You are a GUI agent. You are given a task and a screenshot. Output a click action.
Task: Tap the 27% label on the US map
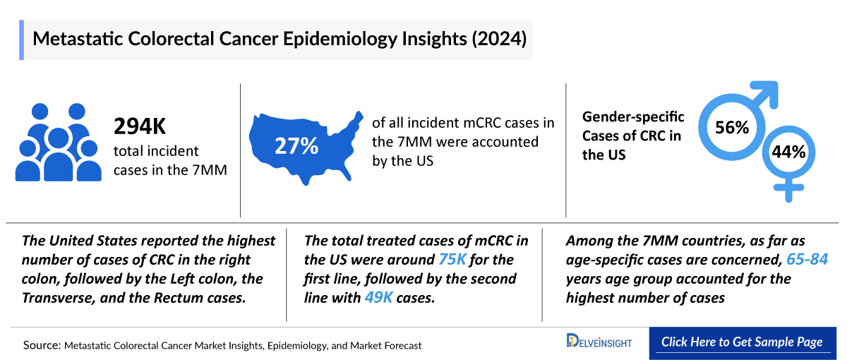point(296,147)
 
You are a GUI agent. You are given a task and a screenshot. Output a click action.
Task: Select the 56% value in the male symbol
point(731,128)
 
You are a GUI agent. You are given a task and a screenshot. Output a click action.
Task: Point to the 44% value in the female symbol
point(788,152)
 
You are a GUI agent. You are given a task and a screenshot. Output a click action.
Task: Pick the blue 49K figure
point(379,298)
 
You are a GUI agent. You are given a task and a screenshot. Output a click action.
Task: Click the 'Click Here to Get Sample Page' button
point(741,342)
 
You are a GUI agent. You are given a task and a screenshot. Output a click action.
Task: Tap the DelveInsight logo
point(599,342)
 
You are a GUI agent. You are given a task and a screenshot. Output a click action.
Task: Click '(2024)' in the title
point(500,39)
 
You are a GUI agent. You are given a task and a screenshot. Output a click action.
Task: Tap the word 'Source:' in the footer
point(42,346)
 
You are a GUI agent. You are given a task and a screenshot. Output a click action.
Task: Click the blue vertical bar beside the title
point(22,40)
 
